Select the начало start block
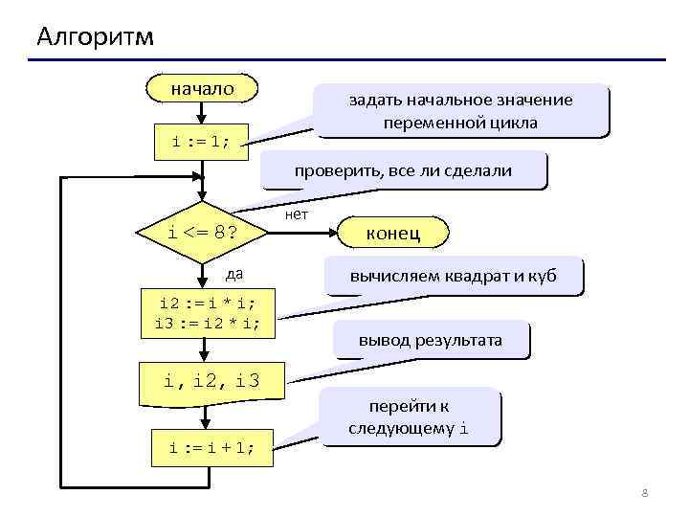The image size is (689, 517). [202, 89]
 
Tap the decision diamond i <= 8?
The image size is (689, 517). [202, 232]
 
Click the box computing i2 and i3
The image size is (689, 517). [208, 313]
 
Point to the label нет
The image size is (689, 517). [297, 214]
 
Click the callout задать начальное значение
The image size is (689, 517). [460, 111]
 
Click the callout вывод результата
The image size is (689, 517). [430, 340]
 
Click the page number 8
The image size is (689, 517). [644, 493]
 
